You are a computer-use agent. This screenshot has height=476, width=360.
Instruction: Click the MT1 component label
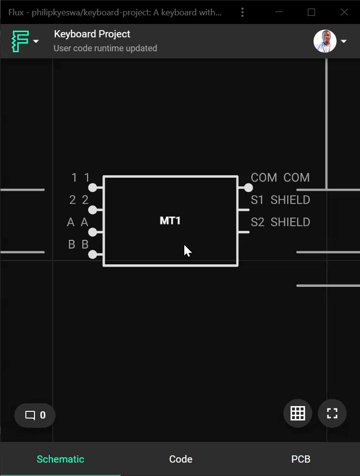[x=170, y=221]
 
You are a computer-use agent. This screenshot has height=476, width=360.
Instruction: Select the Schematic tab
[x=60, y=459]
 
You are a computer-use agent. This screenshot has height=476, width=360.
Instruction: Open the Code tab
[x=180, y=459]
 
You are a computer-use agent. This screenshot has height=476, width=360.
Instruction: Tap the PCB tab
[x=301, y=459]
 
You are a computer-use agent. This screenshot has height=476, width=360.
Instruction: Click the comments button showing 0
[x=35, y=415]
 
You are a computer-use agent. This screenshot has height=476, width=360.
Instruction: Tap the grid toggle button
[x=298, y=413]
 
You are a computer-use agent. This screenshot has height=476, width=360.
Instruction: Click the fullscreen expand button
[x=332, y=413]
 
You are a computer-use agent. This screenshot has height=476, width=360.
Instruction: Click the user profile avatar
[x=325, y=41]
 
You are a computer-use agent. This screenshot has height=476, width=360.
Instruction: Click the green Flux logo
[x=20, y=41]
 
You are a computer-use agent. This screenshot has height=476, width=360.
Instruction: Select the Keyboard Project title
[x=92, y=34]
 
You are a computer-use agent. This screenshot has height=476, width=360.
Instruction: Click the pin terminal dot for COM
[x=248, y=187]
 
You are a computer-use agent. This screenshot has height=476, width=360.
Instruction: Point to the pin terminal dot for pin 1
[x=93, y=187]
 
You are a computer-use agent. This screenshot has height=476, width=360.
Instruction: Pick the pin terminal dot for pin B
[x=93, y=254]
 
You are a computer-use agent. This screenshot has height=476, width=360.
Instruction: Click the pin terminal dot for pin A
[x=93, y=232]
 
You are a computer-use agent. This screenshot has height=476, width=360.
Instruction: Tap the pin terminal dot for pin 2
[x=93, y=210]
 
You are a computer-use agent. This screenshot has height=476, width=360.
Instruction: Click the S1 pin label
[x=257, y=200]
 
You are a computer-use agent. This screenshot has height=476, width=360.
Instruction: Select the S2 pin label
[x=257, y=222]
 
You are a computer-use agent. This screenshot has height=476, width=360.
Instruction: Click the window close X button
[x=344, y=12]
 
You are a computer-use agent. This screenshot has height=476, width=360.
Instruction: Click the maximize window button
[x=311, y=12]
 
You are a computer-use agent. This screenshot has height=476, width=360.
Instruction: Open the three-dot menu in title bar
[x=243, y=12]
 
